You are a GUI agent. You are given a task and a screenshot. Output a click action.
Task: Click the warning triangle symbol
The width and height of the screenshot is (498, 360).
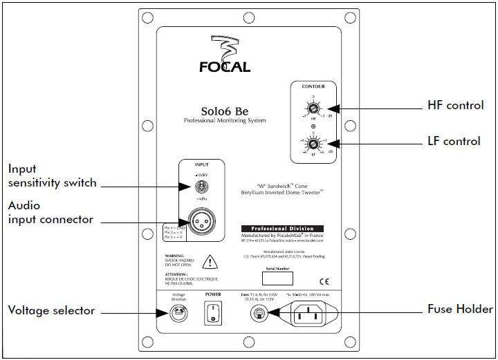pyautogui.click(x=207, y=263)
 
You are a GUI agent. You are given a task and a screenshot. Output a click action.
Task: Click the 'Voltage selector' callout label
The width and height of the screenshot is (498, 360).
pyautogui.click(x=50, y=310)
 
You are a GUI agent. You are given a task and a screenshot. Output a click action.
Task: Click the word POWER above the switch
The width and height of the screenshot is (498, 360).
pyautogui.click(x=213, y=292)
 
